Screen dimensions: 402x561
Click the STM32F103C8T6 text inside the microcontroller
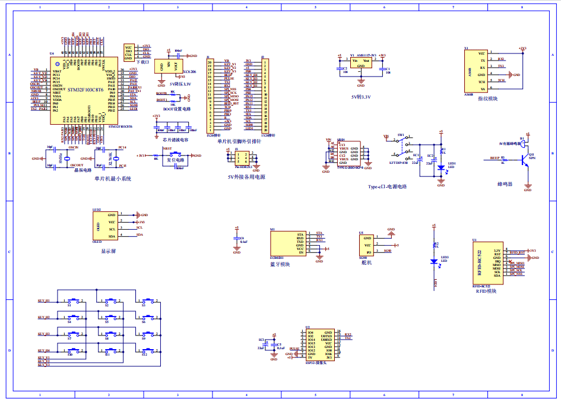point(85,90)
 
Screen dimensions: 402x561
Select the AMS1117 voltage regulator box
point(361,63)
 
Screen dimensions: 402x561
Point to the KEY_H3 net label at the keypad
point(44,334)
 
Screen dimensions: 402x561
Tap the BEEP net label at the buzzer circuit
point(495,159)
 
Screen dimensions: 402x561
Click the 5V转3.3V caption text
point(360,96)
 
